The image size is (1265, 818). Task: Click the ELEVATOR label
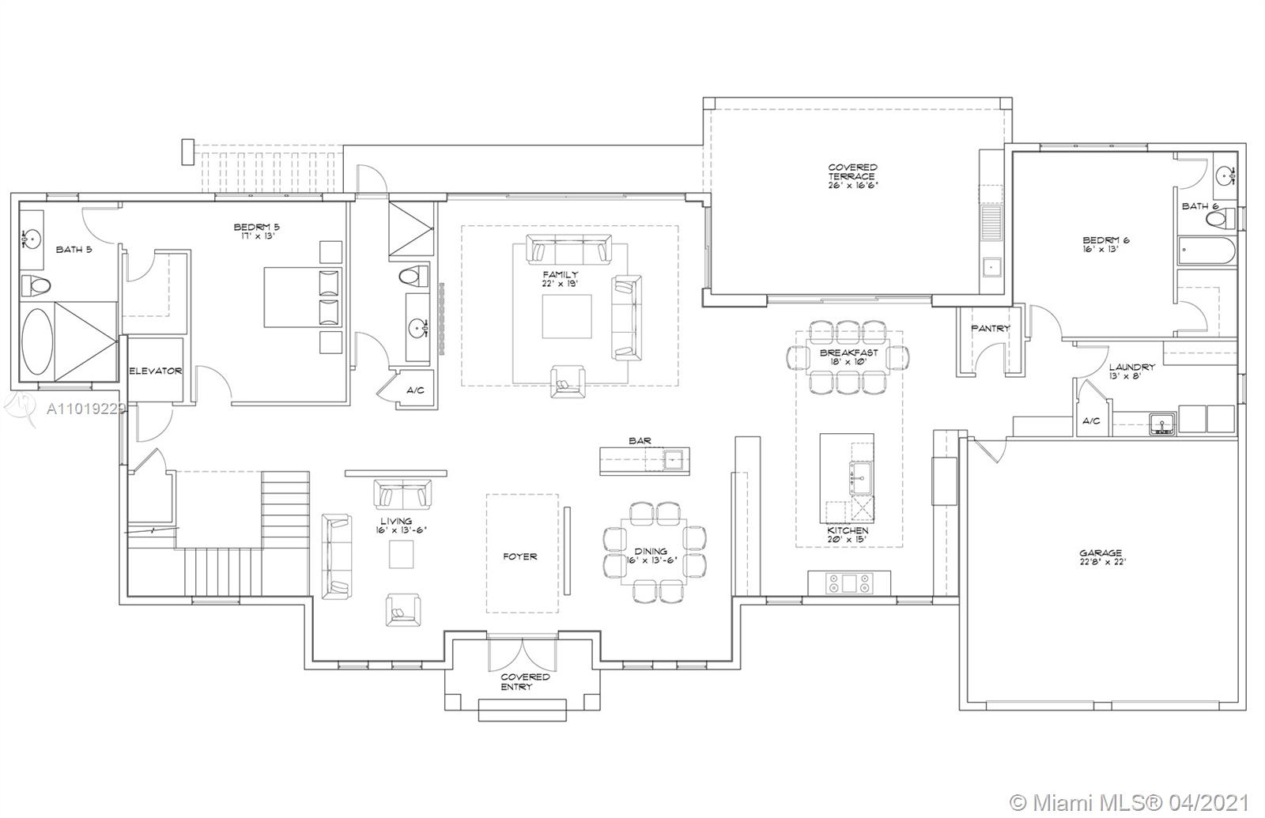pyautogui.click(x=156, y=371)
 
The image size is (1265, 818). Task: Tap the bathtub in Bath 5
pyautogui.click(x=37, y=341)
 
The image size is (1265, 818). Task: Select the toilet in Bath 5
pyautogui.click(x=36, y=285)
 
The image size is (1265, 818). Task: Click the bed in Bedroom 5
pyautogui.click(x=304, y=297)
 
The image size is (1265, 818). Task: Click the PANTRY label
pyautogui.click(x=990, y=328)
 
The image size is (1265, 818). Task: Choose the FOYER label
pyautogui.click(x=519, y=556)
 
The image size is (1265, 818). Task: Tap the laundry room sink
pyautogui.click(x=1162, y=423)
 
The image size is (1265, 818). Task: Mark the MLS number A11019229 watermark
pyautogui.click(x=85, y=409)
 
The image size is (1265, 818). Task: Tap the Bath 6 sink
pyautogui.click(x=1226, y=175)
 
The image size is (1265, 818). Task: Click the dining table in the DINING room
pyautogui.click(x=653, y=552)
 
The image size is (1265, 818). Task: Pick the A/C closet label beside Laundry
pyautogui.click(x=1090, y=420)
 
